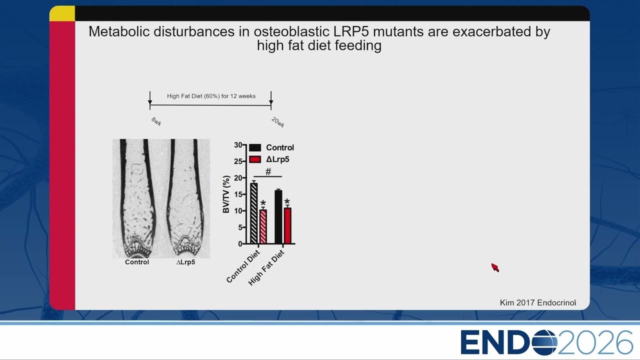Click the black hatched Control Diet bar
pyautogui.click(x=253, y=213)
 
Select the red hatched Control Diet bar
pyautogui.click(x=263, y=226)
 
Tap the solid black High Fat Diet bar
pyautogui.click(x=278, y=217)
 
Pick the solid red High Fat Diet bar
pyautogui.click(x=287, y=225)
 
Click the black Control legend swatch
pyautogui.click(x=255, y=147)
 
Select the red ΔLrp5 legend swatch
pyautogui.click(x=255, y=159)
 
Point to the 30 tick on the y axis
pyautogui.click(x=238, y=145)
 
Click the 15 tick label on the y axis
pyautogui.click(x=238, y=194)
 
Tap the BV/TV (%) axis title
pyautogui.click(x=226, y=194)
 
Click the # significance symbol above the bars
pyautogui.click(x=268, y=171)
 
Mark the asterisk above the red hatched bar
pyautogui.click(x=263, y=203)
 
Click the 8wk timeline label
pyautogui.click(x=156, y=121)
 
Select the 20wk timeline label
pyautogui.click(x=277, y=122)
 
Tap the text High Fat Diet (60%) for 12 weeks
pyautogui.click(x=211, y=96)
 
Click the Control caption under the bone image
pyautogui.click(x=137, y=262)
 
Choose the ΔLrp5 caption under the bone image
pyautogui.click(x=185, y=262)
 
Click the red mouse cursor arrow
pyautogui.click(x=495, y=267)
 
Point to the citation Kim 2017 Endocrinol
pyautogui.click(x=537, y=303)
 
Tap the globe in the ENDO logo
pyautogui.click(x=544, y=342)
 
